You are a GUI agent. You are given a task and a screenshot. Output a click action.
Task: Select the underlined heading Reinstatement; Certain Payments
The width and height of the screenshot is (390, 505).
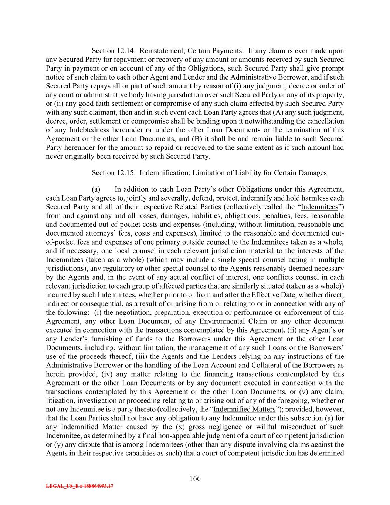click(x=191, y=51)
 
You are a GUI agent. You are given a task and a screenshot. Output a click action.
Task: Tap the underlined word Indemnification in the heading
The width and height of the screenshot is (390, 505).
click(x=163, y=173)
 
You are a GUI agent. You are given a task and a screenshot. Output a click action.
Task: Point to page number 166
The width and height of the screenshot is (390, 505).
click(x=195, y=478)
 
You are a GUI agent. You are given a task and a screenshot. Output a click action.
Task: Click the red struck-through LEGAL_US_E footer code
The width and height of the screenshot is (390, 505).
click(x=79, y=486)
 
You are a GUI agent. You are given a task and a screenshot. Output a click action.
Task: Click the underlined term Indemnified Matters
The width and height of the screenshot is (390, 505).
click(x=244, y=409)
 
